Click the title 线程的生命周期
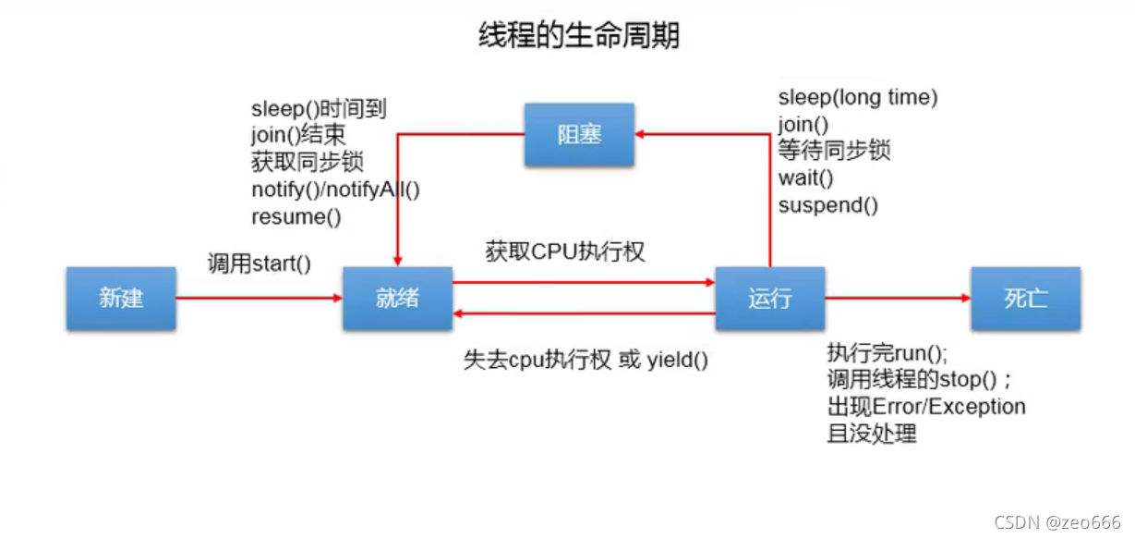point(578,35)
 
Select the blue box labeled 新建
point(121,299)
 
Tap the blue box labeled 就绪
point(397,299)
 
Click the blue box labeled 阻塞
point(579,135)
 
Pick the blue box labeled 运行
point(770,299)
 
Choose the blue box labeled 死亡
point(1025,299)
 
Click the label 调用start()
point(260,263)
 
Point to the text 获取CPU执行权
point(565,251)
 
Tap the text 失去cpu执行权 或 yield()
point(586,360)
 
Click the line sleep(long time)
point(858,97)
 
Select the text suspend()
point(828,204)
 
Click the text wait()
point(806,178)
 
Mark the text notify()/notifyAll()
point(335,190)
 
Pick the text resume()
point(296,217)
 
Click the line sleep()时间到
point(319,109)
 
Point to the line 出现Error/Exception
point(926,407)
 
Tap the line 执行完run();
point(887,353)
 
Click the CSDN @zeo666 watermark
point(1057,522)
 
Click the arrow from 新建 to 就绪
point(259,299)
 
